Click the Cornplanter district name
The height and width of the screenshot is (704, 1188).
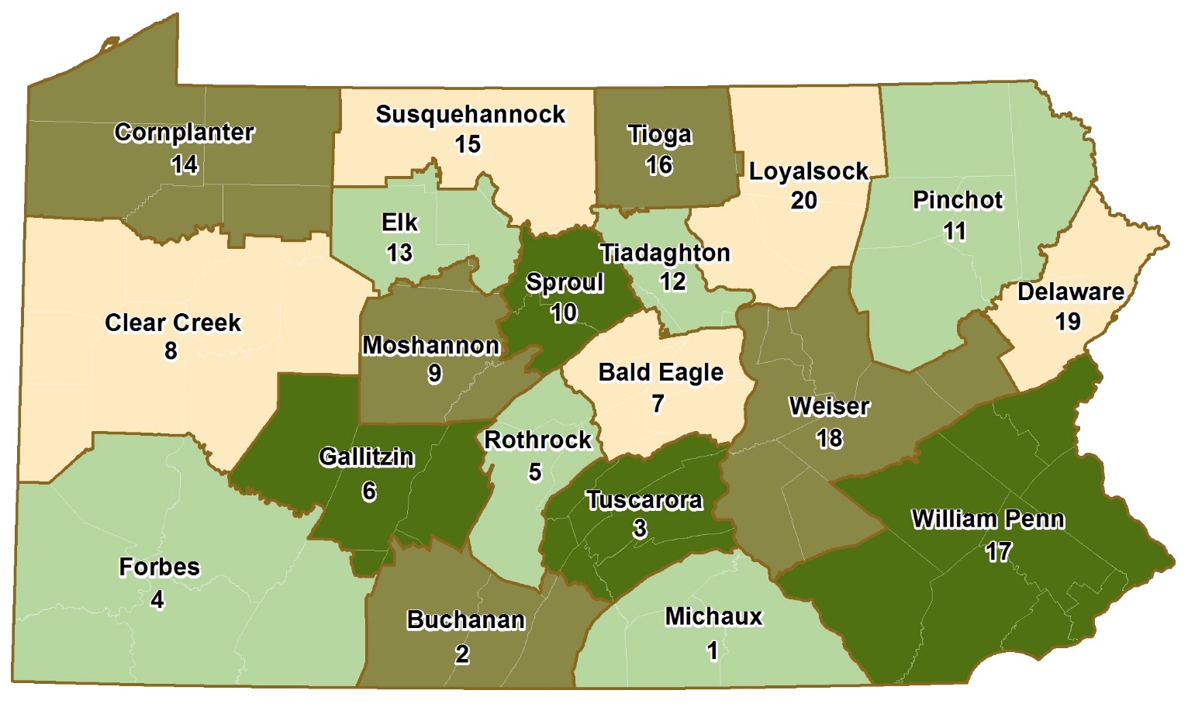pyautogui.click(x=184, y=133)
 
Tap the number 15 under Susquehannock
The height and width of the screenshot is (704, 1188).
pyautogui.click(x=468, y=144)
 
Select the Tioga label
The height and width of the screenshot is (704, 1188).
pyautogui.click(x=659, y=134)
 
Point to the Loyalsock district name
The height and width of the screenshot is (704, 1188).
pyautogui.click(x=808, y=171)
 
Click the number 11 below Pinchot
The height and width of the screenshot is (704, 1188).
pyautogui.click(x=955, y=231)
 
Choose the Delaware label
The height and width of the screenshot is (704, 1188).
pyautogui.click(x=1070, y=292)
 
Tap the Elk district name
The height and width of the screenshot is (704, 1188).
pyautogui.click(x=399, y=223)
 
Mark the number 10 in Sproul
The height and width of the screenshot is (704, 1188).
pyautogui.click(x=564, y=312)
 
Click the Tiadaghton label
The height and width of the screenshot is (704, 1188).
pyautogui.click(x=665, y=253)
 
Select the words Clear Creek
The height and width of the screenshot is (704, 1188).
pyautogui.click(x=172, y=323)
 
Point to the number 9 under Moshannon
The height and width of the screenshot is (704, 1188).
pyautogui.click(x=434, y=374)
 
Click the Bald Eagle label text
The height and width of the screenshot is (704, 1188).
pyautogui.click(x=661, y=372)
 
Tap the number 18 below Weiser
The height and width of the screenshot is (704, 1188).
pyautogui.click(x=829, y=438)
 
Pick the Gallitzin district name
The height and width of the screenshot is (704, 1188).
pyautogui.click(x=366, y=457)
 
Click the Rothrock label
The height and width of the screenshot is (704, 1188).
pyautogui.click(x=537, y=440)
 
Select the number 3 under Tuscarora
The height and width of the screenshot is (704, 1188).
pyautogui.click(x=640, y=529)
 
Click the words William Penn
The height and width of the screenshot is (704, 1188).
pyautogui.click(x=987, y=519)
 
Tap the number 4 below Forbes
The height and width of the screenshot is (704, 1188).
pyautogui.click(x=157, y=599)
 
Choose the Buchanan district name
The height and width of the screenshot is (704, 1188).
pyautogui.click(x=465, y=620)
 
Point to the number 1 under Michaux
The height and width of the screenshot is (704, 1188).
pyautogui.click(x=712, y=651)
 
